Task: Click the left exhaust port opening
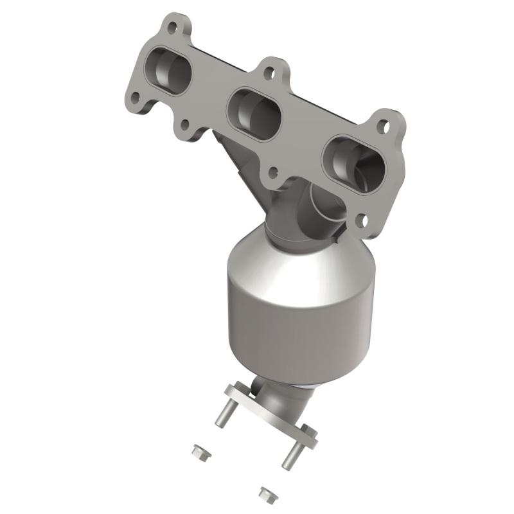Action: [x=170, y=73]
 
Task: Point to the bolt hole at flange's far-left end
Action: [x=135, y=97]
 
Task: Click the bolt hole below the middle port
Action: [x=273, y=172]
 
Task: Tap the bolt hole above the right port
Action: [x=383, y=126]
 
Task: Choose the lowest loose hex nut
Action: [x=264, y=493]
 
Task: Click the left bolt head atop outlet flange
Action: [x=233, y=389]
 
